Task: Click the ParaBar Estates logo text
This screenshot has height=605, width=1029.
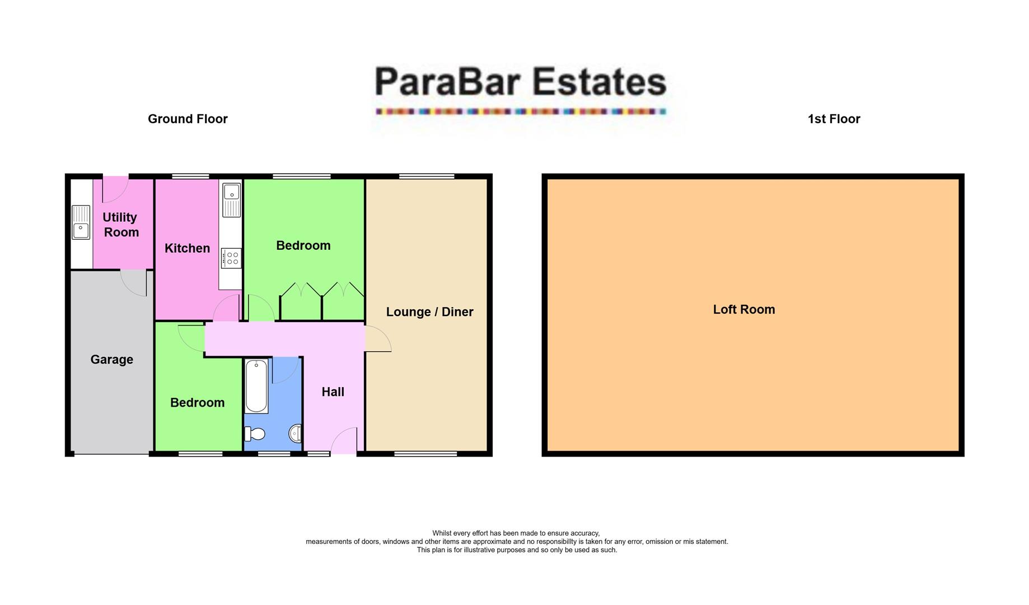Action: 520,82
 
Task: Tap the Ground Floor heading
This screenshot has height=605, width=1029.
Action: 188,119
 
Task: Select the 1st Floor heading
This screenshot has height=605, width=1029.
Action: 834,119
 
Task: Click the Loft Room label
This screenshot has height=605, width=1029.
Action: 743,309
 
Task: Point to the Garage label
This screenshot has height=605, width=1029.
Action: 112,360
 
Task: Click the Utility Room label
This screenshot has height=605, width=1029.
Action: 120,225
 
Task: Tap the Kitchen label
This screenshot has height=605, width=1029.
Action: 187,248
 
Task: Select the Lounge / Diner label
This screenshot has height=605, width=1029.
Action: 429,312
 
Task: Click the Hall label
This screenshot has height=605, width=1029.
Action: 333,392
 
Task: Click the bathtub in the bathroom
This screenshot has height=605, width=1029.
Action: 256,386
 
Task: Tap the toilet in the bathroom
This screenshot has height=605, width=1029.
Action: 255,434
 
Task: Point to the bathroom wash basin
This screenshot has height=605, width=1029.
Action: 295,433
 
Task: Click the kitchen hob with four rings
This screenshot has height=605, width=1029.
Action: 231,258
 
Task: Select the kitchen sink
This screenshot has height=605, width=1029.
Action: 231,200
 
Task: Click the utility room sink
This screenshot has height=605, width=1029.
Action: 81,222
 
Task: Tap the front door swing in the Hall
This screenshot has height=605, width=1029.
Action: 344,441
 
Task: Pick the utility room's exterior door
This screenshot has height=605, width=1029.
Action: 115,189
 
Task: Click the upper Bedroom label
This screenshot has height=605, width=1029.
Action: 303,245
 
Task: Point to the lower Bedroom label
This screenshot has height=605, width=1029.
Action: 197,403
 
